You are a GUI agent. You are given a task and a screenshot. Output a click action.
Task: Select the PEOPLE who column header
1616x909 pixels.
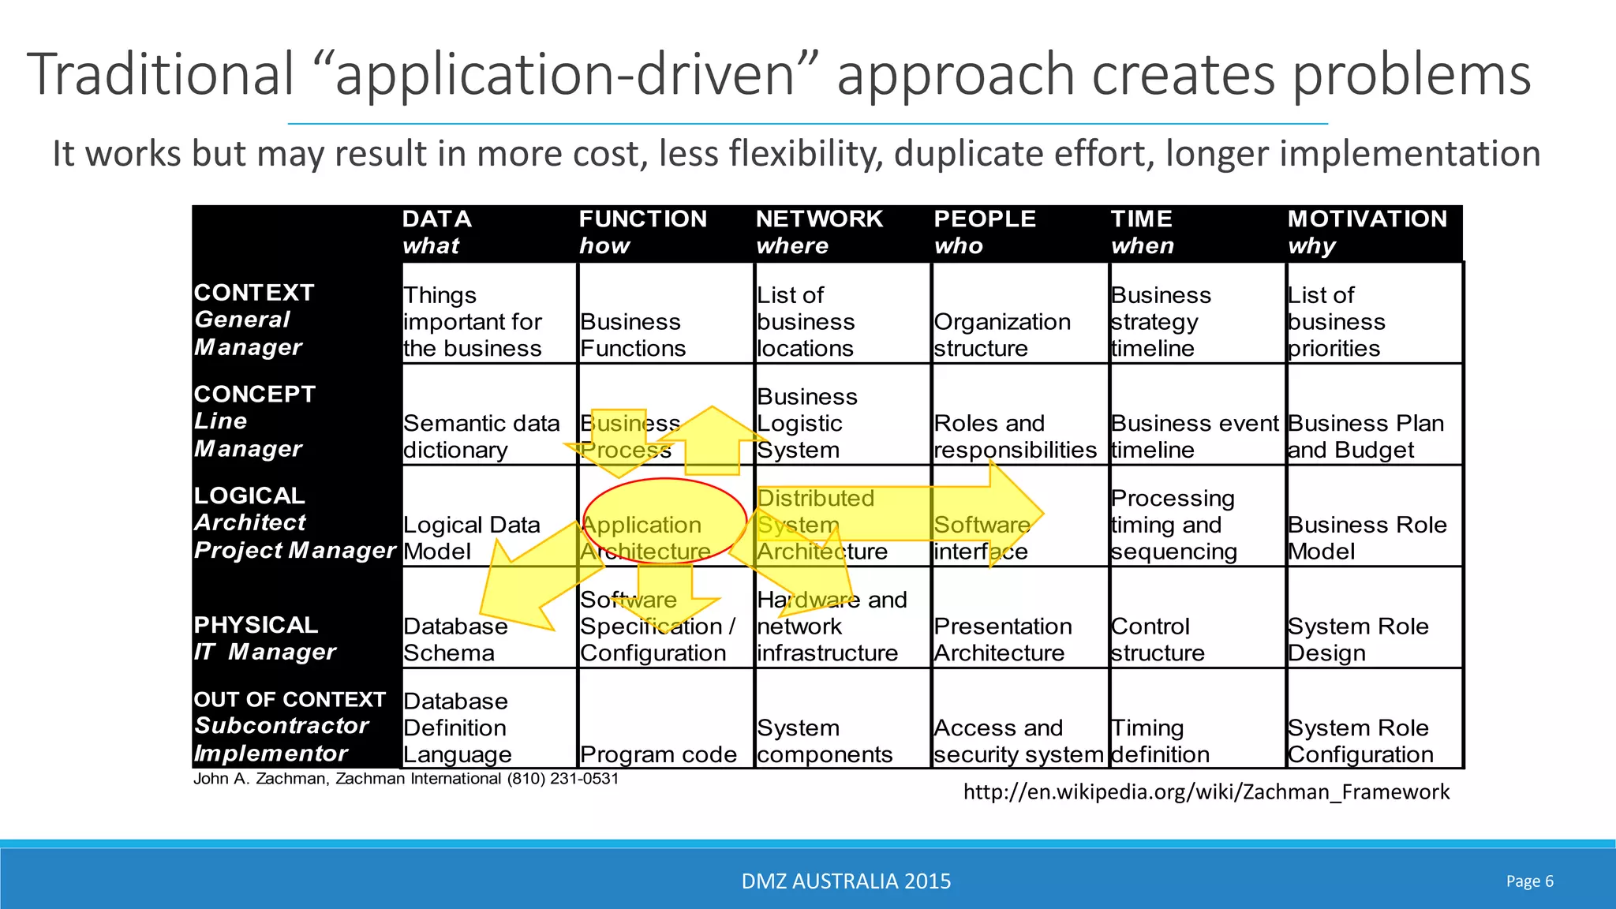click(985, 232)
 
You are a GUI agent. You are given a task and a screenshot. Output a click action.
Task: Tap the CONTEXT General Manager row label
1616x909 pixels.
click(254, 320)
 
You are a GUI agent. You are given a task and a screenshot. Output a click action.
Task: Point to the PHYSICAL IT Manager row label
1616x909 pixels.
click(264, 638)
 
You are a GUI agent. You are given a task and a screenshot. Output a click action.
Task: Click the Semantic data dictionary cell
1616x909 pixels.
click(481, 436)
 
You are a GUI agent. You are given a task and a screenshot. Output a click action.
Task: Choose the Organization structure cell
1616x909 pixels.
click(1002, 335)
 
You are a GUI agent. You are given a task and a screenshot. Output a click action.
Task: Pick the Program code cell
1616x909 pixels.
click(658, 754)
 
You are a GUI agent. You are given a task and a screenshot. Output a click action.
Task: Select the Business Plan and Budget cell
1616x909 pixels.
click(1366, 436)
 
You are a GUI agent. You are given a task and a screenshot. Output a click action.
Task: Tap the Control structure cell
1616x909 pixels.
click(1158, 639)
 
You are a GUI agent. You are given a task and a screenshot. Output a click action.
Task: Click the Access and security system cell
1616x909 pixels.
click(1018, 741)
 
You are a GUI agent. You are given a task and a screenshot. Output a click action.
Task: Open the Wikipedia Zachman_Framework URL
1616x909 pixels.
click(1206, 791)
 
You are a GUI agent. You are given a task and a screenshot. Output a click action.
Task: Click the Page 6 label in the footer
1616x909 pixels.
click(1529, 881)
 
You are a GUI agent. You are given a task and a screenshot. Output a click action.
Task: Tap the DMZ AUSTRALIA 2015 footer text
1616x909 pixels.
click(846, 881)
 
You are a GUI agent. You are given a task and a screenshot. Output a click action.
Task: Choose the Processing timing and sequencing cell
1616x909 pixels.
click(1173, 525)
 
